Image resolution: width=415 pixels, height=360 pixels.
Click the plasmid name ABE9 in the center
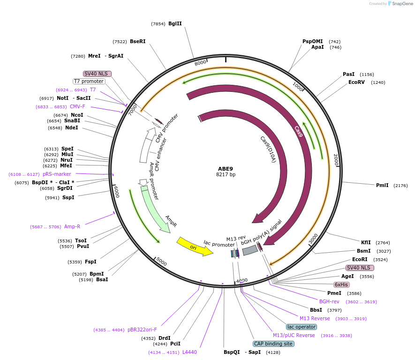tap(226, 168)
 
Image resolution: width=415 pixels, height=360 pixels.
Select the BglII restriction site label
tap(175, 24)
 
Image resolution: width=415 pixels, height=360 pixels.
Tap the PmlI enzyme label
tap(382, 185)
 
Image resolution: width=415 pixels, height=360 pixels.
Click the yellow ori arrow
tap(194, 247)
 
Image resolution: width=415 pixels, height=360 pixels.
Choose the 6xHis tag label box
tap(341, 285)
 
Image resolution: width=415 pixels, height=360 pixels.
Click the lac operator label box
tap(301, 326)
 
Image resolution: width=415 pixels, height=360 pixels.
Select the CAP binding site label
tap(273, 344)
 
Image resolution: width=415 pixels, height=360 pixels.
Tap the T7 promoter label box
tap(89, 81)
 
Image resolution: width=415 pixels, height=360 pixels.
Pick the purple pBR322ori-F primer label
tap(142, 330)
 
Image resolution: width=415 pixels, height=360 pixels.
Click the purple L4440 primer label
tap(189, 352)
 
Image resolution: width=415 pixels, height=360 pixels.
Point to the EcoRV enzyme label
tap(356, 82)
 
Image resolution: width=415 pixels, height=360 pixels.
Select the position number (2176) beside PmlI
tap(400, 186)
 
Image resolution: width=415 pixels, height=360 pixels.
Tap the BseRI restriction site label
tap(137, 41)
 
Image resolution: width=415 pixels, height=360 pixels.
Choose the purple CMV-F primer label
tap(77, 106)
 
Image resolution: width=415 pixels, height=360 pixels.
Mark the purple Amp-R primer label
tap(72, 226)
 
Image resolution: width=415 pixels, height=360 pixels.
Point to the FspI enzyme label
tap(91, 262)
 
